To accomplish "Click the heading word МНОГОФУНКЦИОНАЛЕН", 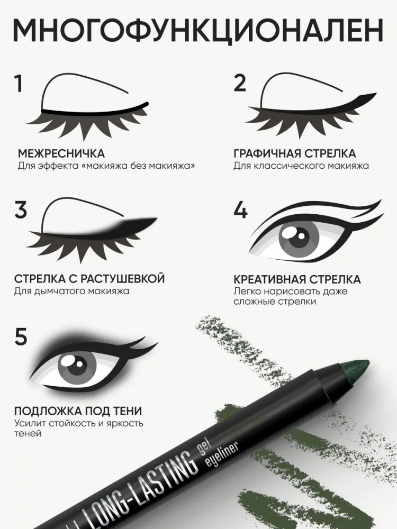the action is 198,30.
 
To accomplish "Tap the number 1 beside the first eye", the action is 18,84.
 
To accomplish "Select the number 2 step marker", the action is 240,83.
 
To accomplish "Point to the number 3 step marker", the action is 20,209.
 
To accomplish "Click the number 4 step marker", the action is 240,209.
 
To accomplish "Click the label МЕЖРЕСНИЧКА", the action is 61,153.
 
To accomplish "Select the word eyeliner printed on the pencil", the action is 222,453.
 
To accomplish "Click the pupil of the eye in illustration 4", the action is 298,235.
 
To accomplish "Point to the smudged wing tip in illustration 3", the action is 154,220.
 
